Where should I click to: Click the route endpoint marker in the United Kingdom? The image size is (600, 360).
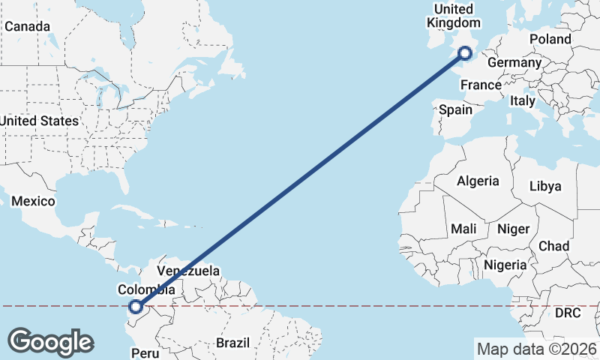click(465, 52)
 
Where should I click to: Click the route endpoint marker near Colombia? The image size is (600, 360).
click(136, 306)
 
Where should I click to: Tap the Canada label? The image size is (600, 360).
click(27, 27)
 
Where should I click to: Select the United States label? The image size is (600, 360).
click(38, 121)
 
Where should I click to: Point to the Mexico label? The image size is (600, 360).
click(33, 201)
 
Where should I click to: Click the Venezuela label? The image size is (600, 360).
click(188, 271)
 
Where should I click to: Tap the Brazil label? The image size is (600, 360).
click(232, 343)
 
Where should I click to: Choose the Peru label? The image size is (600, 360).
click(146, 352)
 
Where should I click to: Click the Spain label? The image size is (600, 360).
click(455, 109)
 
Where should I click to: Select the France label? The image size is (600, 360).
click(481, 85)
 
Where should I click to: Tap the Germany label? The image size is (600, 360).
click(514, 62)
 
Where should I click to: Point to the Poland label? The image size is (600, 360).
click(550, 39)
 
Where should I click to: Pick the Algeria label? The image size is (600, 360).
click(478, 181)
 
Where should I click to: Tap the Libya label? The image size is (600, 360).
click(545, 186)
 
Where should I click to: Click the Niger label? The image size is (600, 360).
click(513, 229)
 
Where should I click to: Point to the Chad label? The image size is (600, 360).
click(553, 246)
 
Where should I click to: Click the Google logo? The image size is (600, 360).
click(50, 342)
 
